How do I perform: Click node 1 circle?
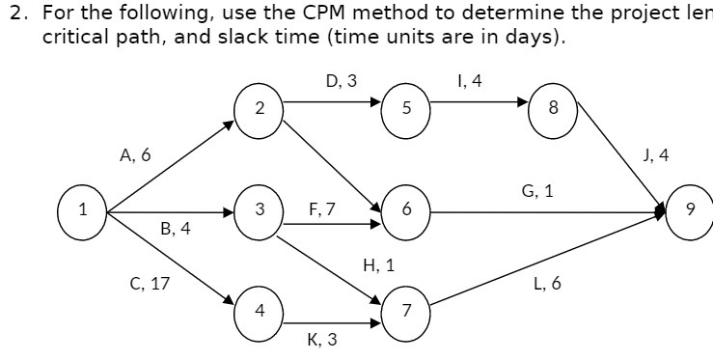(83, 209)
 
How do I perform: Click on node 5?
(407, 107)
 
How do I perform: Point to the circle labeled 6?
(407, 209)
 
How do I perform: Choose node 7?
(407, 311)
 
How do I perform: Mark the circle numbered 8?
(553, 107)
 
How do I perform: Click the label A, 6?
(134, 154)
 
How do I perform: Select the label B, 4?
(176, 230)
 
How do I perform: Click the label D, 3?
(341, 82)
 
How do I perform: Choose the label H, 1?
(378, 264)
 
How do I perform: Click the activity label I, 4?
(470, 82)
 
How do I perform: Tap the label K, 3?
(321, 339)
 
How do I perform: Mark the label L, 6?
(547, 284)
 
